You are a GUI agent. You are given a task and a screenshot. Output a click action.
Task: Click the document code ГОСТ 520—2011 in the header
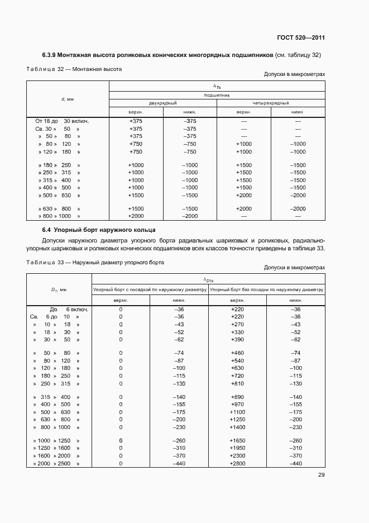click(x=300, y=38)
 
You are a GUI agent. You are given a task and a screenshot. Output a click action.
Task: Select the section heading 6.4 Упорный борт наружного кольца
click(x=99, y=230)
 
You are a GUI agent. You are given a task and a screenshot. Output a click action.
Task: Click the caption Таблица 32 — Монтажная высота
click(x=74, y=69)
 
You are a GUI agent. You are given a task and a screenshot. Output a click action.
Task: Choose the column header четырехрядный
click(x=270, y=103)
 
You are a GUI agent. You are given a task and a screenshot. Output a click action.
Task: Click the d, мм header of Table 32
click(x=68, y=99)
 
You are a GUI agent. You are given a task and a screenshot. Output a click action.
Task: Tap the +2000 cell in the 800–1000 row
click(x=136, y=216)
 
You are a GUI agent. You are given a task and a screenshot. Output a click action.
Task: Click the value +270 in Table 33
click(x=237, y=325)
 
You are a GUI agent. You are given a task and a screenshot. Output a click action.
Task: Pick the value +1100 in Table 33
click(x=237, y=412)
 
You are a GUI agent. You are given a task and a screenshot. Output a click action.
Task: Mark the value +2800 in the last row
click(x=237, y=464)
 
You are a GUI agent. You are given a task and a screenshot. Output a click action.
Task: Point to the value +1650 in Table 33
click(x=237, y=440)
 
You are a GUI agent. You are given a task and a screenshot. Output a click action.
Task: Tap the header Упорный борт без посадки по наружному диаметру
click(x=266, y=289)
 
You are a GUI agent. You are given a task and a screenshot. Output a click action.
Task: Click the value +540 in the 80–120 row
click(x=237, y=360)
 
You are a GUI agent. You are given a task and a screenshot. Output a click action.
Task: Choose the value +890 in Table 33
click(x=237, y=396)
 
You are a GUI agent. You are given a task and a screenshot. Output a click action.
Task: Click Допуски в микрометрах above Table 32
click(x=294, y=74)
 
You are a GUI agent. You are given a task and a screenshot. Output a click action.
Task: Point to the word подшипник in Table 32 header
click(x=216, y=95)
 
